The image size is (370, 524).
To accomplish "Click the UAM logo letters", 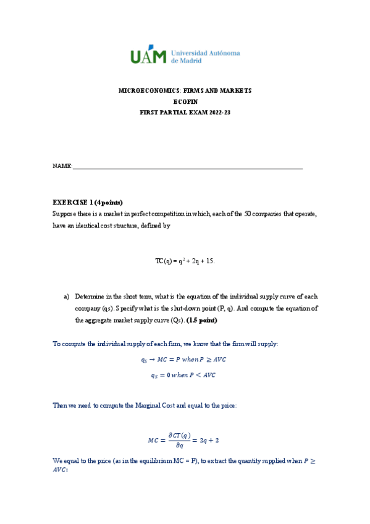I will coord(148,56).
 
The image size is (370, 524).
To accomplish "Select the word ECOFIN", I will coord(185,102).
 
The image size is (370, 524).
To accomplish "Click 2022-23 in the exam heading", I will coord(218,113).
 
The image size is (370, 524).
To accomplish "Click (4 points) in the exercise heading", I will coord(109,202).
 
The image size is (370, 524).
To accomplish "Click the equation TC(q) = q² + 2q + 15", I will coord(185,261).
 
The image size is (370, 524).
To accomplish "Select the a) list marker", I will coord(67,297).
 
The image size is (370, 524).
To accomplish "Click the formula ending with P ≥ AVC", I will coord(185,360).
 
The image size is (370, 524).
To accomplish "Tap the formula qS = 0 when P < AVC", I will coord(185,374).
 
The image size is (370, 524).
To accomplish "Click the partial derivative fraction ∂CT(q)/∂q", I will coord(179,441).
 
